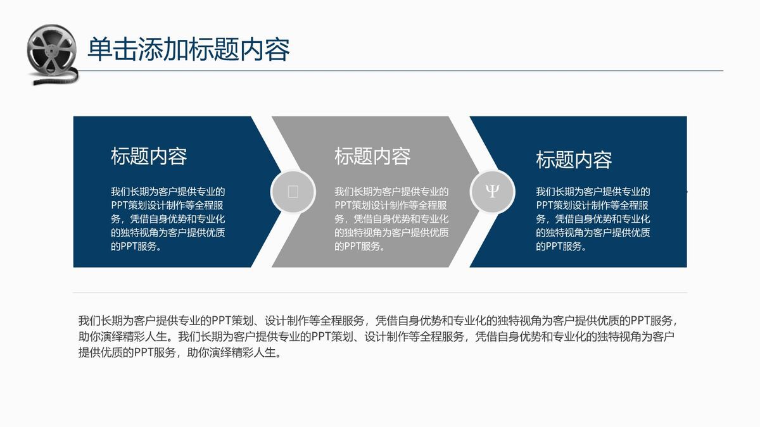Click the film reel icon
point(52,54)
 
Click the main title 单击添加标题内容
point(189,49)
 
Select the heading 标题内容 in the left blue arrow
point(149,156)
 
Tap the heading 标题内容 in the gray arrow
point(372,156)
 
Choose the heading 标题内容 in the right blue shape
point(574,160)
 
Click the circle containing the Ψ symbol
point(492,192)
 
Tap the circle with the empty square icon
point(293,192)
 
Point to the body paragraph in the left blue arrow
point(168,219)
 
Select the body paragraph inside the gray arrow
point(391,219)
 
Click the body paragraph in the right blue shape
point(593,219)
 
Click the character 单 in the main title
point(100,49)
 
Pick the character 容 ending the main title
point(277,49)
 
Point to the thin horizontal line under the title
point(400,71)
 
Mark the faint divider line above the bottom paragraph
point(380,292)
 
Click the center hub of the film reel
point(51,52)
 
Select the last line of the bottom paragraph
point(180,353)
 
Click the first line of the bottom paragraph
point(377,320)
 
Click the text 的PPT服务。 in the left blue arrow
point(136,246)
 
